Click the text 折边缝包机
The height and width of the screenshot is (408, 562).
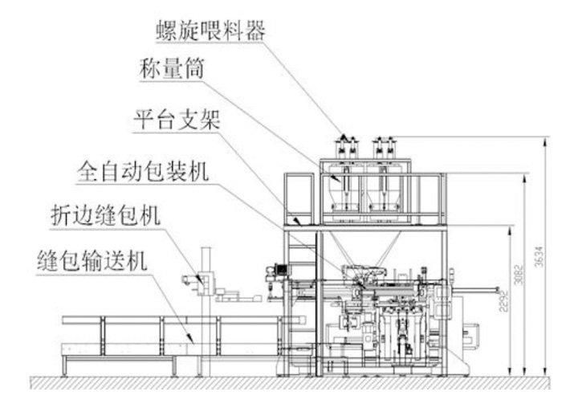[x=105, y=216]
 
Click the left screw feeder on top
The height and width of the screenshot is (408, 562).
[x=346, y=147]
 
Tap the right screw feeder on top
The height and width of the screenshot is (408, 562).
[x=382, y=147]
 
